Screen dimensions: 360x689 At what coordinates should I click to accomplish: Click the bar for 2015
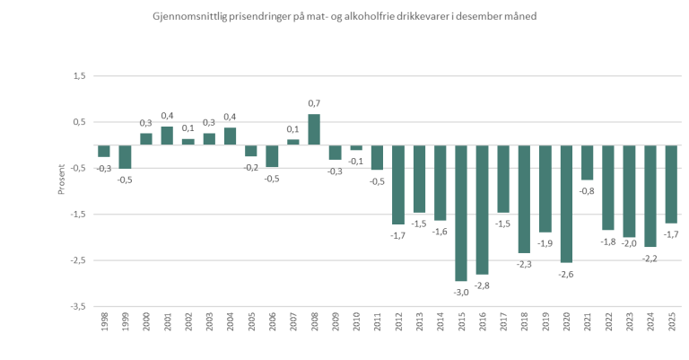[461, 213]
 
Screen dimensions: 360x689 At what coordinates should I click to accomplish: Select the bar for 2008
[314, 129]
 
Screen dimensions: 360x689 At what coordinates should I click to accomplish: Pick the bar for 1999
[125, 157]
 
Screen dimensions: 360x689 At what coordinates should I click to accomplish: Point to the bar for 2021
[587, 162]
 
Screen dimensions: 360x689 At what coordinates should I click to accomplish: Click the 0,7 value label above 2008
[314, 104]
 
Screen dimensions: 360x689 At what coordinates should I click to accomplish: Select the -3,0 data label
[461, 292]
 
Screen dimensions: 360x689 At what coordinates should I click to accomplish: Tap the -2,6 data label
[566, 274]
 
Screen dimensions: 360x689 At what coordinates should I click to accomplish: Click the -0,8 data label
[588, 191]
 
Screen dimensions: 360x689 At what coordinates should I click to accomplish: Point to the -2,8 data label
[483, 285]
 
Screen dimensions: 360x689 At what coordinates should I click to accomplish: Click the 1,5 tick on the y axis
[78, 75]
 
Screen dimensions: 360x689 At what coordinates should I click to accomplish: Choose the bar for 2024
[650, 196]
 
